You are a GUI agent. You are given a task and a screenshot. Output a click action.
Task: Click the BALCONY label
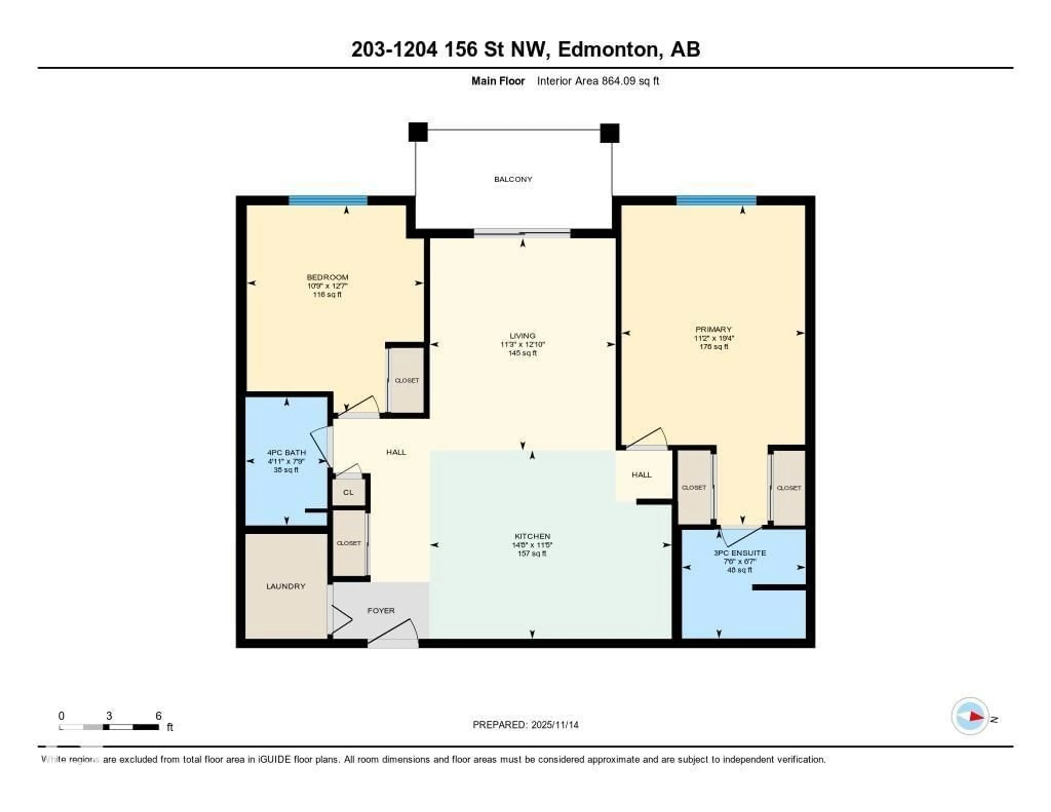pos(513,179)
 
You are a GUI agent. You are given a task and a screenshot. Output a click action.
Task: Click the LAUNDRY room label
pos(286,586)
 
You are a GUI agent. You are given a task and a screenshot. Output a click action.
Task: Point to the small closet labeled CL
pos(348,493)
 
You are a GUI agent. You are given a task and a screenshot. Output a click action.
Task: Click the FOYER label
pos(381,610)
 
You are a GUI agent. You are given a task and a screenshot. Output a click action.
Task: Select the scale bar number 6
pos(158,716)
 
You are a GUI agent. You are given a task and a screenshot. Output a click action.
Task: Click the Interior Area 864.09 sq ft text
pos(598,81)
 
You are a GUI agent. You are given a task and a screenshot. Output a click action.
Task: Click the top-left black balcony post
pos(418,132)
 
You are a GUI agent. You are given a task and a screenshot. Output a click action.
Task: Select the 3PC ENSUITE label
pos(739,553)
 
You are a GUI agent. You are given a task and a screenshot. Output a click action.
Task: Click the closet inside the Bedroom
pos(407,380)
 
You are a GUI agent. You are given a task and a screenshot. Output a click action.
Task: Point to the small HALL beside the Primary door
pos(642,475)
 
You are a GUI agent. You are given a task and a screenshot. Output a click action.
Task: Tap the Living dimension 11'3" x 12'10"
pos(522,344)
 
